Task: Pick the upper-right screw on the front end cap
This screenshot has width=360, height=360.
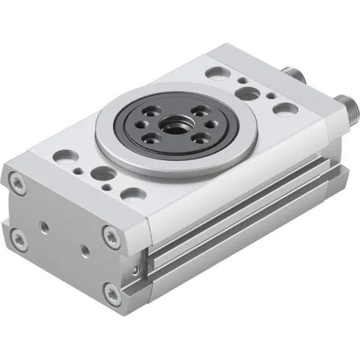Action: (110, 235)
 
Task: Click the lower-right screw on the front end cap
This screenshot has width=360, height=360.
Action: (112, 295)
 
